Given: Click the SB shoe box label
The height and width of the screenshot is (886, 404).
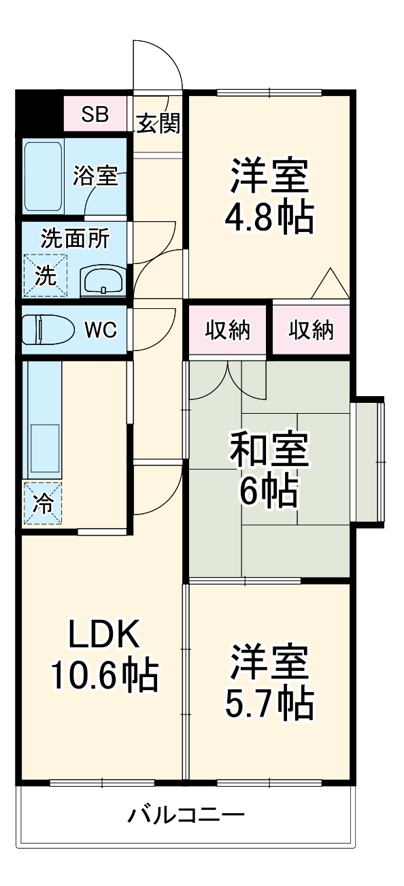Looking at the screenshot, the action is click(x=95, y=114).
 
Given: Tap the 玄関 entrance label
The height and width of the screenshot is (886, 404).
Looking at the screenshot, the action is click(x=158, y=123).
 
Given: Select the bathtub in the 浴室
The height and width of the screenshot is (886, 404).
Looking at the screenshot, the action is click(x=43, y=177).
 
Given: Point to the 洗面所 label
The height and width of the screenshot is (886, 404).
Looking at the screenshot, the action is click(x=75, y=238).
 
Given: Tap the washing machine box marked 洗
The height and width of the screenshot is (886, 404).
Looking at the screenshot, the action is click(x=45, y=276).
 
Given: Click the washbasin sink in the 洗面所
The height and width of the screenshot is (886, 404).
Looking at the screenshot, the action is click(x=103, y=281).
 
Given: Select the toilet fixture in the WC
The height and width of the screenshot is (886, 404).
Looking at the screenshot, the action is click(x=48, y=329).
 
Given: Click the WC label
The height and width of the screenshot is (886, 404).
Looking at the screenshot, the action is click(x=101, y=329).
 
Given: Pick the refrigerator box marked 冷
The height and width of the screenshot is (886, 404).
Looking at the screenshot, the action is click(x=42, y=503).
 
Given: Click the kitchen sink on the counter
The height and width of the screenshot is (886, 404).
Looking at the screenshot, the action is click(x=45, y=450).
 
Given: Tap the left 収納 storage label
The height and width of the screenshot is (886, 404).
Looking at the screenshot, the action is click(x=227, y=330).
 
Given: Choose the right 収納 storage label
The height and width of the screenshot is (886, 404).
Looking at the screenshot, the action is click(x=311, y=330).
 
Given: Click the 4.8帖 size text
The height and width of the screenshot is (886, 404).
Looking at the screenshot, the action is click(x=269, y=218).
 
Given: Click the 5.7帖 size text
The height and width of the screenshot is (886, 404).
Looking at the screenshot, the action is click(x=269, y=704).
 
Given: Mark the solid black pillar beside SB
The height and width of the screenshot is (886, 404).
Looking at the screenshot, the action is click(x=39, y=114).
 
